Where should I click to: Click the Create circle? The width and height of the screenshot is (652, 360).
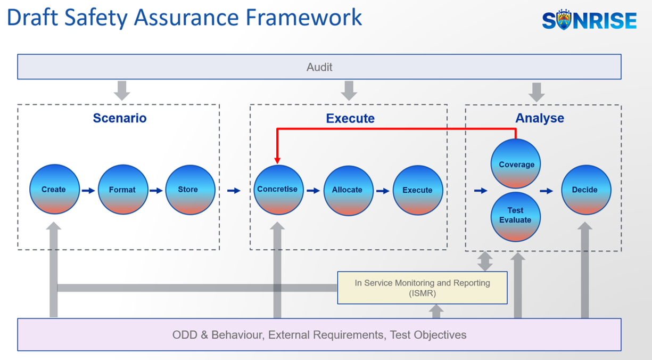click(x=54, y=190)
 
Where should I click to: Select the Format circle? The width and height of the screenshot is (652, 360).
click(x=123, y=190)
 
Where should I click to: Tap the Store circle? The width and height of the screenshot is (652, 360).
click(x=191, y=190)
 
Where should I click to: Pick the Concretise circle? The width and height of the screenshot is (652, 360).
click(x=278, y=190)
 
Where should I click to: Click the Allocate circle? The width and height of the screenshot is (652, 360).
click(x=349, y=191)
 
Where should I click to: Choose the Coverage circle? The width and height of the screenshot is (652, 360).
click(x=516, y=163)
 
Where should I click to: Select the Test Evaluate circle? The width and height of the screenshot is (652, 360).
click(x=516, y=217)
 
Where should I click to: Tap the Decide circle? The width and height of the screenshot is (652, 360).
click(x=586, y=190)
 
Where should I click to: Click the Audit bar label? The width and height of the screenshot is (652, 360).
click(x=319, y=67)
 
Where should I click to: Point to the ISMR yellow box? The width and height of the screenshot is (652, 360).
click(x=423, y=288)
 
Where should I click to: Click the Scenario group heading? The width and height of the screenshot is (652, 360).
click(x=120, y=118)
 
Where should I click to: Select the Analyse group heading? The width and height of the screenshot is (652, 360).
click(x=540, y=118)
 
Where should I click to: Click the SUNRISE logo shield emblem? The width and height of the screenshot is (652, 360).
click(x=564, y=20)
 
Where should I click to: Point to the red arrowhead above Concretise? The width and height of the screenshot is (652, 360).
click(x=277, y=160)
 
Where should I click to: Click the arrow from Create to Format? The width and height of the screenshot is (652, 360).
click(x=88, y=191)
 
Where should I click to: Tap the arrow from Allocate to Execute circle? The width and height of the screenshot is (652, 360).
click(x=383, y=191)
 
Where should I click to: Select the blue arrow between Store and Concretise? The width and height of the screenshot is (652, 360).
click(x=234, y=191)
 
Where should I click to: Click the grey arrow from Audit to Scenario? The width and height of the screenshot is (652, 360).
click(x=122, y=91)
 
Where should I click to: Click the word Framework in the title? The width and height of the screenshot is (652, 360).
click(x=303, y=18)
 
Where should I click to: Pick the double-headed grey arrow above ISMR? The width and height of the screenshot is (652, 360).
click(x=485, y=261)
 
